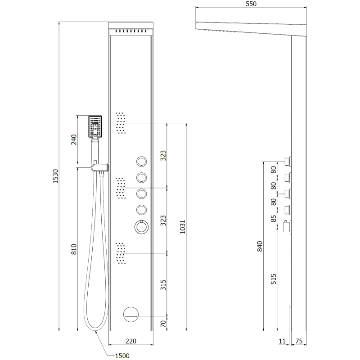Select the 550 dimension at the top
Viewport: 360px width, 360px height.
point(251,4)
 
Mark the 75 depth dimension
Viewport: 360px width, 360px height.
point(300,342)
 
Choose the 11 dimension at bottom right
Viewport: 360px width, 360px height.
point(283,342)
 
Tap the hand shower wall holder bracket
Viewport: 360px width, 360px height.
point(100,167)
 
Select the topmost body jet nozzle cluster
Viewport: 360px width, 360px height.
point(121,122)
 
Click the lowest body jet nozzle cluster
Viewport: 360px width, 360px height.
point(121,253)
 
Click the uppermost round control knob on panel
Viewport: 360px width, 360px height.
point(141,162)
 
